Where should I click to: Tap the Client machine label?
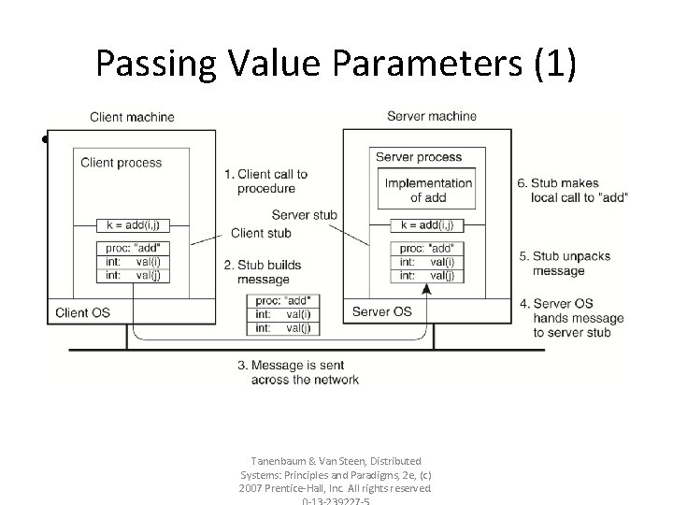coord(132,117)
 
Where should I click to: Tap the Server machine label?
coord(431,116)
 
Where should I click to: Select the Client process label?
coord(121,162)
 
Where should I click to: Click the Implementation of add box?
coord(428,190)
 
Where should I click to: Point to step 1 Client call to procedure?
coord(265,181)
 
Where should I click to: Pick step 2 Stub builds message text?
coord(263,272)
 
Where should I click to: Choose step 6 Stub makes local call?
coord(571,190)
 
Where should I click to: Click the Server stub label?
coord(304,215)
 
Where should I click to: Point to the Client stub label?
coord(261,233)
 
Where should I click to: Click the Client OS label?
coord(83,311)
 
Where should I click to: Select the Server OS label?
coord(380,310)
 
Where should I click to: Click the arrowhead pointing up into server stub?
coord(426,291)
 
